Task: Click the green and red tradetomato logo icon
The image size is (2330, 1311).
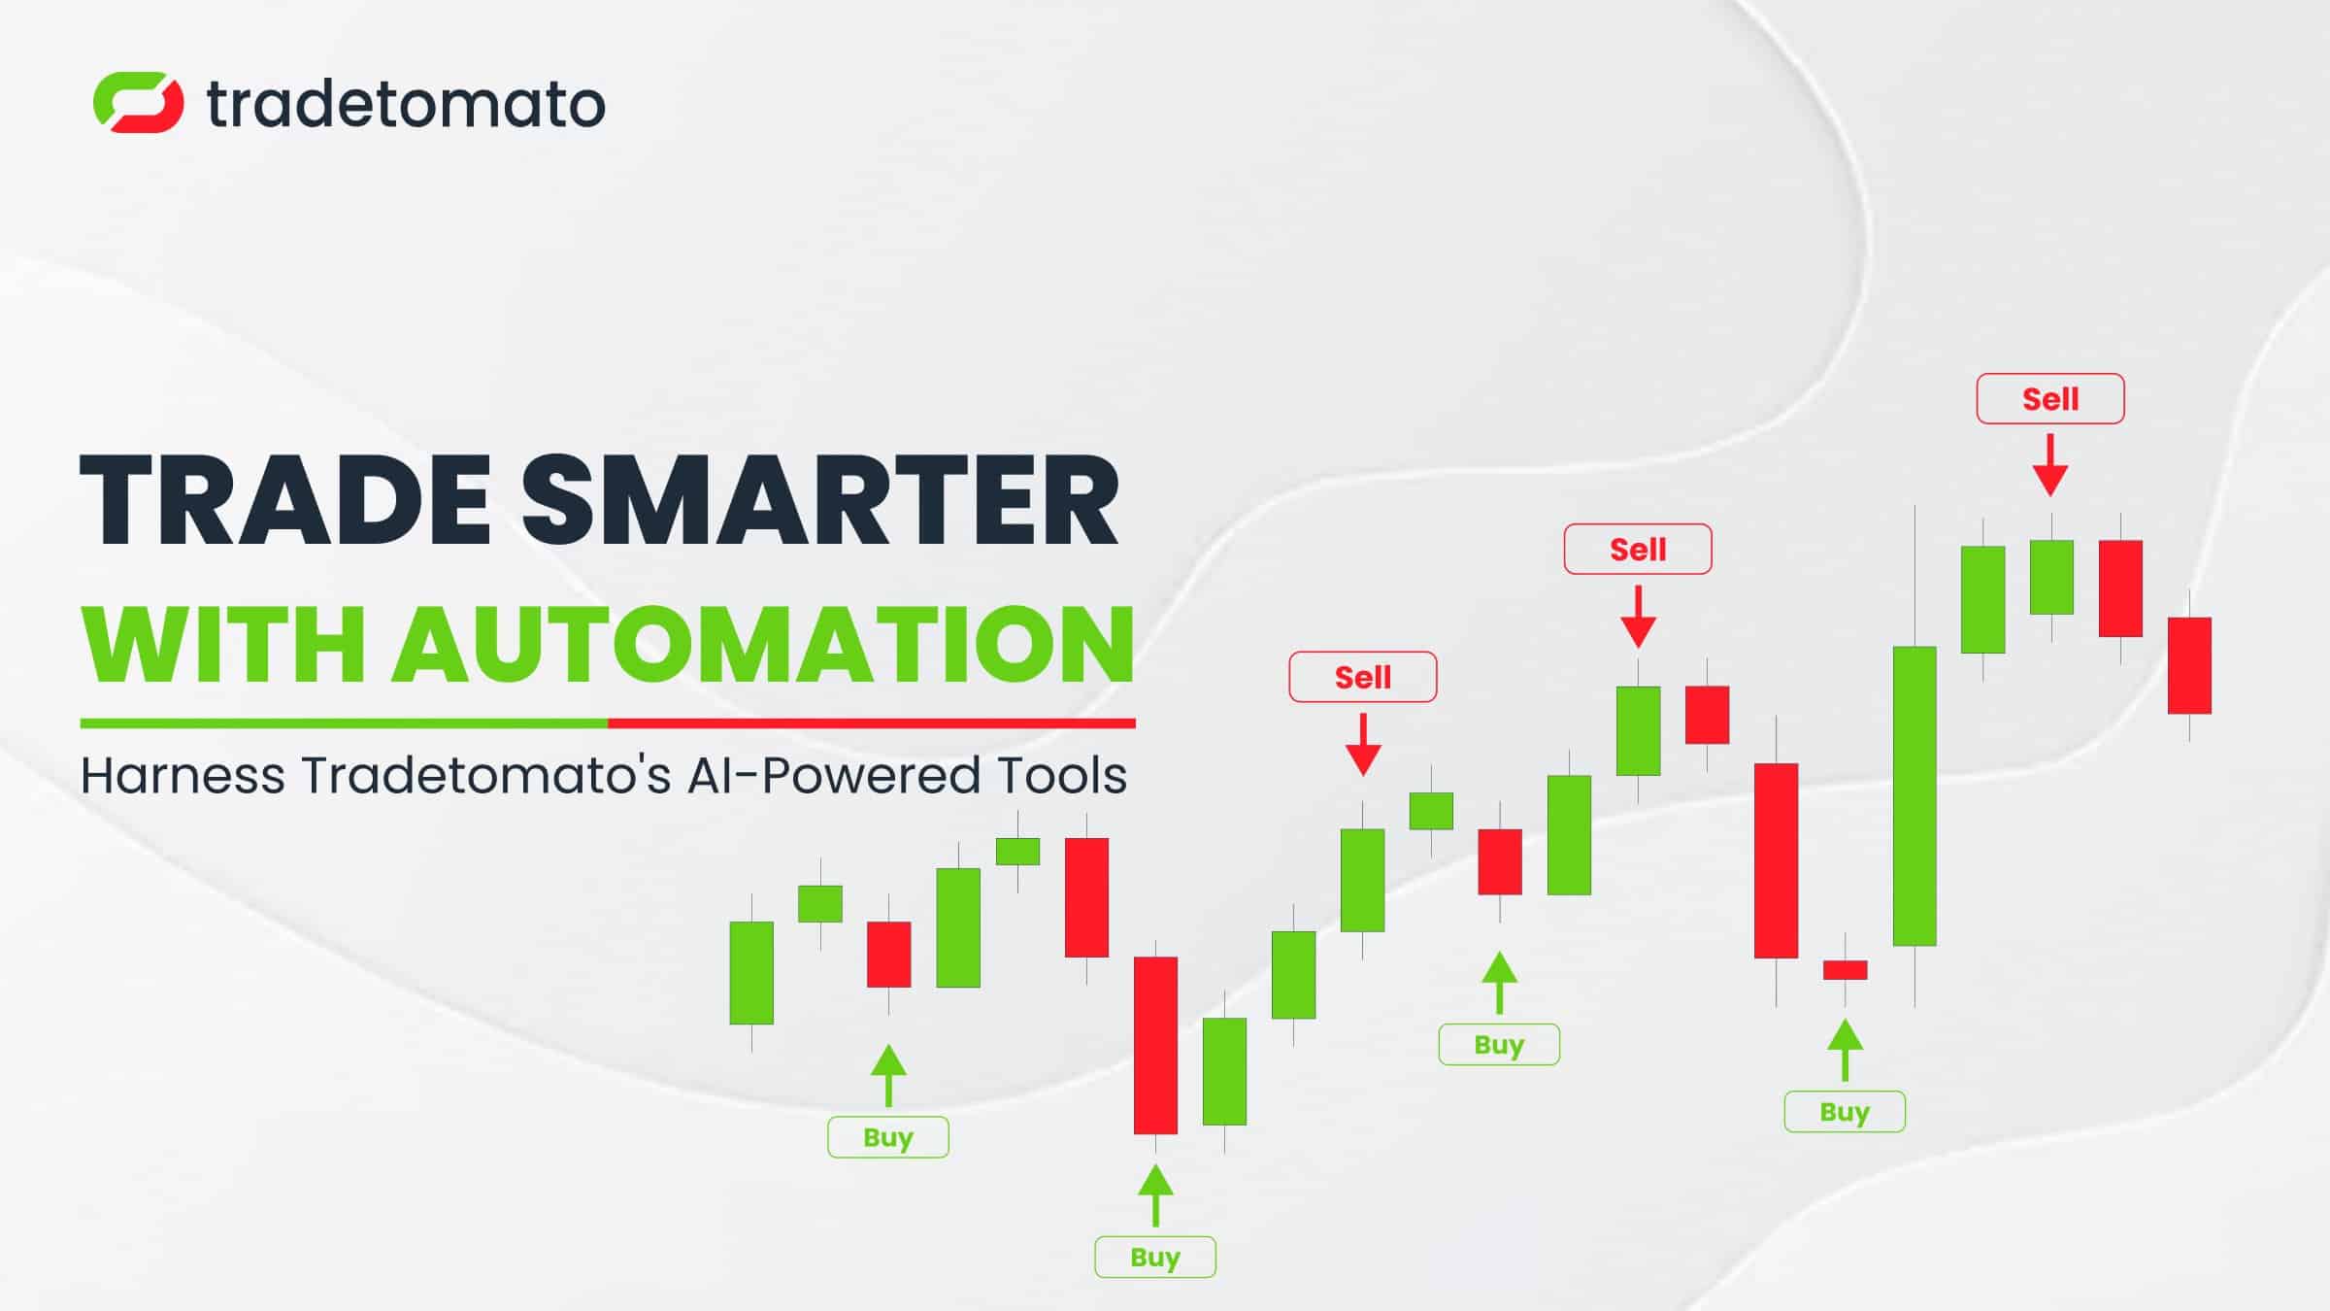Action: pos(138,102)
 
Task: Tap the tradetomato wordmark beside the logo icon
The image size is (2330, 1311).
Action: pos(406,104)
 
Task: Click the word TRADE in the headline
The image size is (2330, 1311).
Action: pos(284,501)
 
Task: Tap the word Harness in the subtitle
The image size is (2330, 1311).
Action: pos(183,776)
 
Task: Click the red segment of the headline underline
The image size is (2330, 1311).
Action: pos(872,723)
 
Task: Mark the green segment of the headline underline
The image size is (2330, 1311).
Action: pos(344,723)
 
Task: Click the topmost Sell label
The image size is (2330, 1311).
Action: pos(2050,399)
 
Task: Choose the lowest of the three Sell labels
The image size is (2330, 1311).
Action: pos(1363,677)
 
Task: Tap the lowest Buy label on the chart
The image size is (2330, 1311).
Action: pos(1155,1257)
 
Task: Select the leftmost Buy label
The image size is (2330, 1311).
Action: pos(888,1137)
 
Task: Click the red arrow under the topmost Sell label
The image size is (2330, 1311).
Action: pos(2050,465)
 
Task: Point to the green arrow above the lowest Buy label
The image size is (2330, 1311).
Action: pos(1155,1195)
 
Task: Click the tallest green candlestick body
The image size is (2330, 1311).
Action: pos(1914,796)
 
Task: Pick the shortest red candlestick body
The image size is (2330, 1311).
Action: pos(1845,970)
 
